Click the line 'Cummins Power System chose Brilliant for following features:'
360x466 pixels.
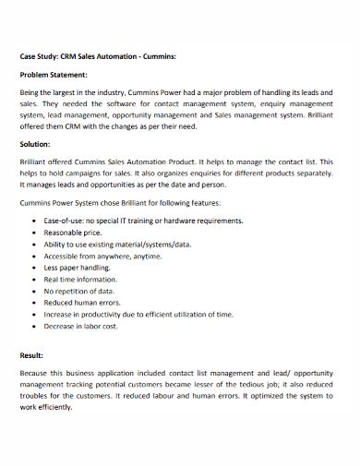(x=120, y=202)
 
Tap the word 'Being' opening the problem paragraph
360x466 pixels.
(x=30, y=94)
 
